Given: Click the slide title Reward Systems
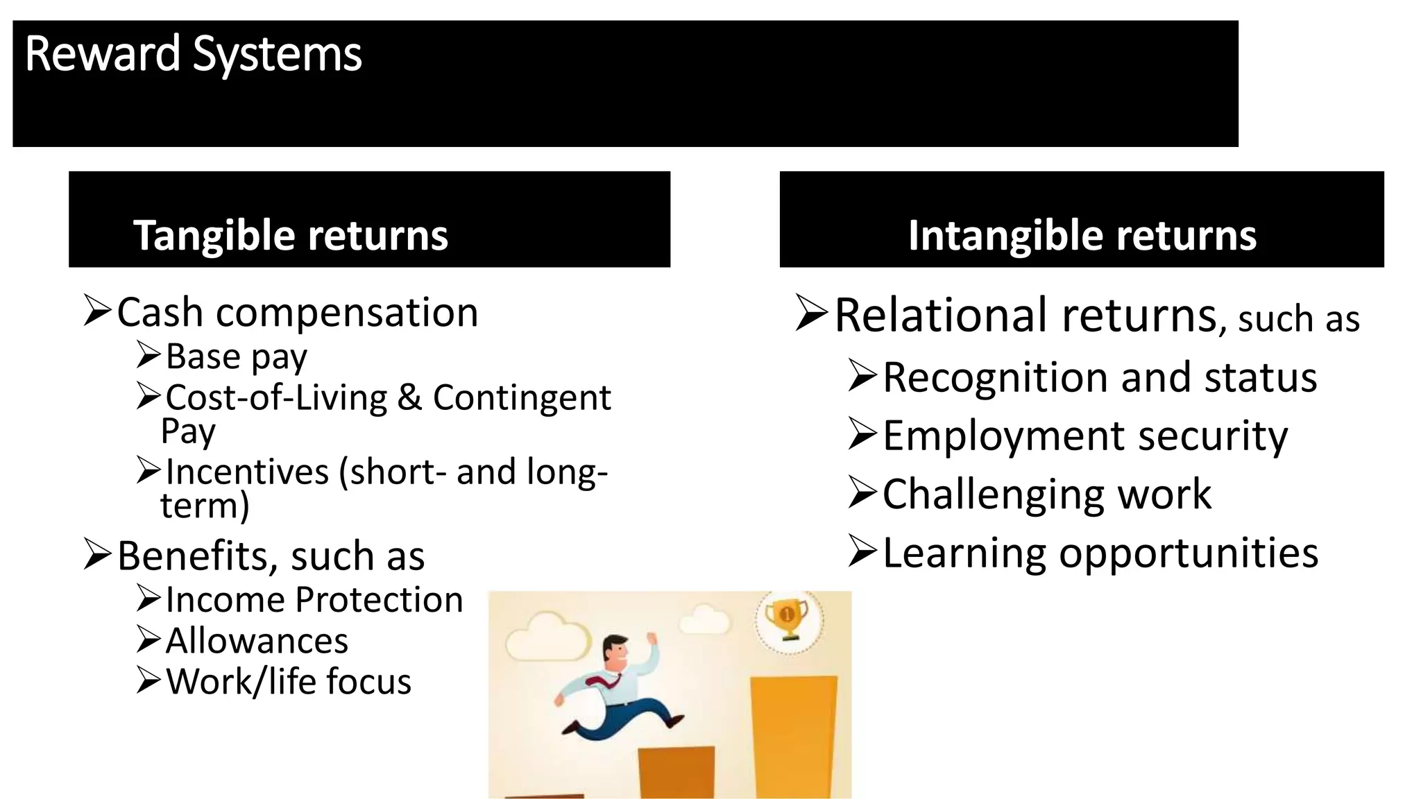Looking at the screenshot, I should coord(193,54).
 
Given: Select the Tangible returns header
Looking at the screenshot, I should coord(290,235).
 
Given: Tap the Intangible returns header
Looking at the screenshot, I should coord(1082,235).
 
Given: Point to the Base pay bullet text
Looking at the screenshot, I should coord(236,357).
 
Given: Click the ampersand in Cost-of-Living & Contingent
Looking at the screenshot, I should coord(409,398).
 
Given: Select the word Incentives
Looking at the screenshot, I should coord(247,472).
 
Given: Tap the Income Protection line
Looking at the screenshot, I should coord(314,600).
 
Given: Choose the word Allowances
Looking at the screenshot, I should coord(257,641).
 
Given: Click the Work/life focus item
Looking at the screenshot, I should coord(289,682).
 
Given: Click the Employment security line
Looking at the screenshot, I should coord(1084,437).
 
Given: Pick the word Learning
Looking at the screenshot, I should coord(964,554).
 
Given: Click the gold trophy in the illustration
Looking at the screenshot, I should coord(787,619).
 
